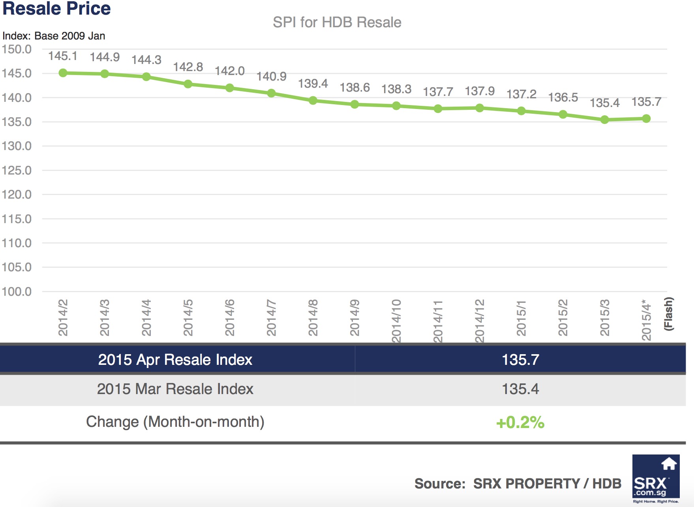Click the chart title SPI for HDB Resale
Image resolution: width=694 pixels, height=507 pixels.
pyautogui.click(x=337, y=23)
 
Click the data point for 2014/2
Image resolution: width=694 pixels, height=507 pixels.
pyautogui.click(x=63, y=73)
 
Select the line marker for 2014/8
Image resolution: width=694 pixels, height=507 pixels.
pyautogui.click(x=313, y=100)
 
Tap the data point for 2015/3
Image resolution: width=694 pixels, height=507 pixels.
pyautogui.click(x=604, y=120)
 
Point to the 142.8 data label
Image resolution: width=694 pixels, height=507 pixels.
pyautogui.click(x=188, y=67)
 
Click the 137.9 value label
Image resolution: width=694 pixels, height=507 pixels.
pyautogui.click(x=479, y=91)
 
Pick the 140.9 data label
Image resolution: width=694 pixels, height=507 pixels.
pyautogui.click(x=271, y=76)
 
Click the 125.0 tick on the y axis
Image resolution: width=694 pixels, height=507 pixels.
pyautogui.click(x=17, y=170)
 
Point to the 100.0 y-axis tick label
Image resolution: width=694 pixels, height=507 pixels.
pyautogui.click(x=17, y=291)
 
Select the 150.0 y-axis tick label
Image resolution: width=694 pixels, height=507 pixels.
pyautogui.click(x=17, y=49)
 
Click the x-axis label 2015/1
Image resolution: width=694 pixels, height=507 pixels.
pyautogui.click(x=521, y=318)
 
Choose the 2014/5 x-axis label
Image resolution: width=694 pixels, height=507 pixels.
pyautogui.click(x=188, y=318)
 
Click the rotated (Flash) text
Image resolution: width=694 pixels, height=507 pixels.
pyautogui.click(x=668, y=314)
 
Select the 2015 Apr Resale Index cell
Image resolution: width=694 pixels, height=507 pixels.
pyautogui.click(x=175, y=360)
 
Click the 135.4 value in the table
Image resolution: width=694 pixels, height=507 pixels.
pyautogui.click(x=520, y=389)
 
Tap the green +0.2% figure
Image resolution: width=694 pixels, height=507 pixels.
pyautogui.click(x=520, y=422)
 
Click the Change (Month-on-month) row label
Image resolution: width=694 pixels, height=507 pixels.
pyautogui.click(x=175, y=422)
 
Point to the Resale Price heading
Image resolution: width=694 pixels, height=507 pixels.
pyautogui.click(x=56, y=9)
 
